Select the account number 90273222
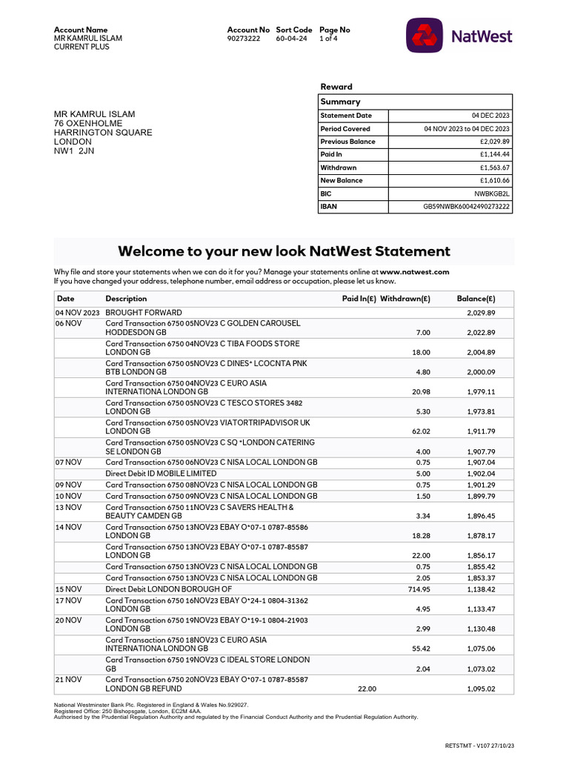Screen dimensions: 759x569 pyautogui.click(x=244, y=39)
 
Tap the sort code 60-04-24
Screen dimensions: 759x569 pyautogui.click(x=292, y=39)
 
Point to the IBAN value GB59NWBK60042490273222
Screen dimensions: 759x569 pyautogui.click(x=466, y=206)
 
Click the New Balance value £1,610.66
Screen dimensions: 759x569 pyautogui.click(x=495, y=180)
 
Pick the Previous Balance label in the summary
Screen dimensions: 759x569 pyautogui.click(x=347, y=142)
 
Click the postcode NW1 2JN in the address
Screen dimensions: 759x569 pyautogui.click(x=74, y=151)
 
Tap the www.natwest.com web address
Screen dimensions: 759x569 pyautogui.click(x=414, y=272)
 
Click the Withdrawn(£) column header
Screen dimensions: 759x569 pyautogui.click(x=405, y=299)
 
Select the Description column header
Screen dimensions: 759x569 pyautogui.click(x=126, y=299)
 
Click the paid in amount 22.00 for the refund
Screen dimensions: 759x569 pyautogui.click(x=367, y=689)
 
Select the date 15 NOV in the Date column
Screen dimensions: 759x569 pyautogui.click(x=68, y=589)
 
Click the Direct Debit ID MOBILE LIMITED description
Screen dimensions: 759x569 pyautogui.click(x=161, y=473)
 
